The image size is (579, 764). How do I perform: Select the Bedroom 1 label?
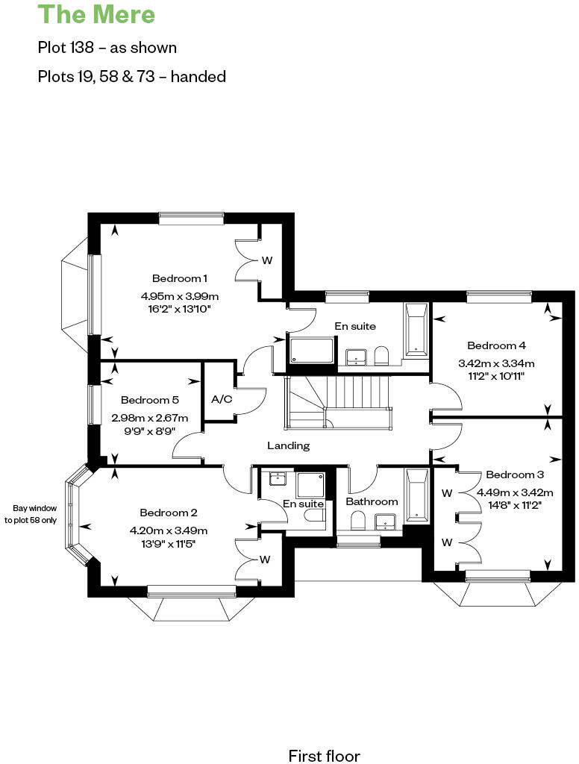pyautogui.click(x=180, y=278)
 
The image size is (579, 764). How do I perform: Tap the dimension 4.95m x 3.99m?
pyautogui.click(x=180, y=296)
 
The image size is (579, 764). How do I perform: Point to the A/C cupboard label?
pyautogui.click(x=222, y=399)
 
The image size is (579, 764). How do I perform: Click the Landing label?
pyautogui.click(x=288, y=445)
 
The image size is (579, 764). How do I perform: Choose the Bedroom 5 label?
pyautogui.click(x=150, y=400)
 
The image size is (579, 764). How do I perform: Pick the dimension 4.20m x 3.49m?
pyautogui.click(x=169, y=530)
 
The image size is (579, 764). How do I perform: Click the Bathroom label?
pyautogui.click(x=372, y=501)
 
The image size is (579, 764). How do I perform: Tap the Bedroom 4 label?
pyautogui.click(x=496, y=345)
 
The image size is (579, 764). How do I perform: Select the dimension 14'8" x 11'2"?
pyautogui.click(x=515, y=504)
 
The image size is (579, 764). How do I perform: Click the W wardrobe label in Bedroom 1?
pyautogui.click(x=266, y=261)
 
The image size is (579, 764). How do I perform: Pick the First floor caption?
pyautogui.click(x=324, y=756)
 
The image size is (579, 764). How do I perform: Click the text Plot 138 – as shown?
pyautogui.click(x=107, y=48)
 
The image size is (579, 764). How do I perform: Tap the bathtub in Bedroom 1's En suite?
pyautogui.click(x=416, y=329)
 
